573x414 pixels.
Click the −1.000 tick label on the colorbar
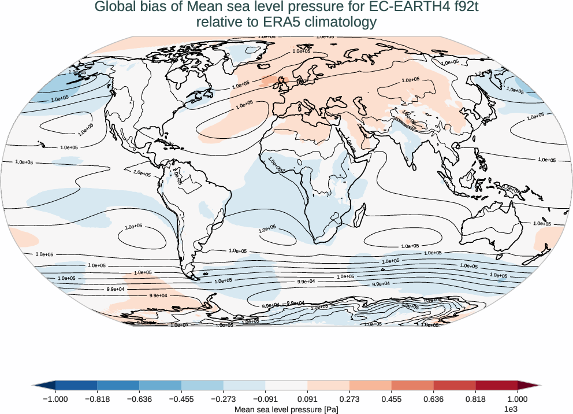pos(55,399)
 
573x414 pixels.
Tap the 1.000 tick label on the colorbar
pos(518,399)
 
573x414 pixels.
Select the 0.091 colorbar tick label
pos(307,399)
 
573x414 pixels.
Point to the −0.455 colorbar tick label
pos(181,399)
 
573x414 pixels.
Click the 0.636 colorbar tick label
pos(433,399)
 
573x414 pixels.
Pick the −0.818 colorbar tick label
pos(98,399)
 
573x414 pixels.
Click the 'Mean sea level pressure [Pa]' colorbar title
pos(286,409)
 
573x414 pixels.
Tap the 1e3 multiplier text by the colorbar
pos(510,409)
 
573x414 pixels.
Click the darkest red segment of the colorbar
pos(497,385)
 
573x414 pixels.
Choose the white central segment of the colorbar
pos(286,385)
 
